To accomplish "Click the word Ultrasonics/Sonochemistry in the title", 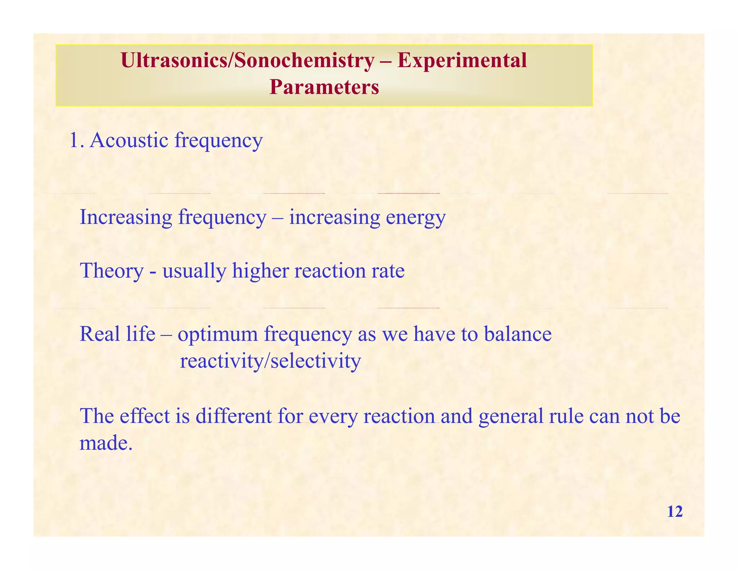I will [x=247, y=60].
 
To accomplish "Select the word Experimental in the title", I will [x=462, y=60].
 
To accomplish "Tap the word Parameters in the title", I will [x=324, y=87].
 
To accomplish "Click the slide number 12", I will [x=675, y=512].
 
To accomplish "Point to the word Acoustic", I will [x=129, y=140].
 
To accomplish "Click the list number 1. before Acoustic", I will [x=76, y=140].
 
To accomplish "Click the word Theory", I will [x=111, y=271].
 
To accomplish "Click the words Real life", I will [x=117, y=334].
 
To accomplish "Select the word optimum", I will [x=218, y=334].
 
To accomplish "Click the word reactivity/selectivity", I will [x=270, y=361].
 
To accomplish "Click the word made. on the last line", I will [x=106, y=443].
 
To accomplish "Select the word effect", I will [x=145, y=416].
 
